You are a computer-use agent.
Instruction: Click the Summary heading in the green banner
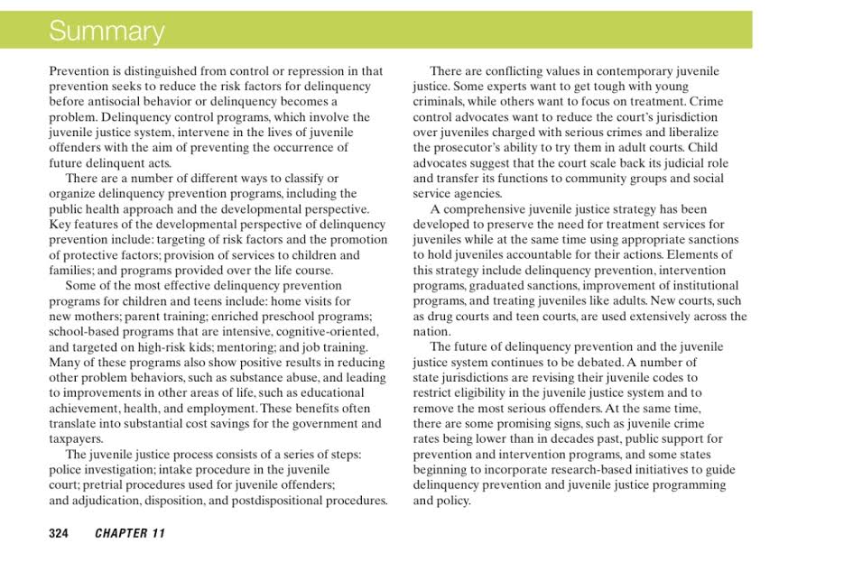[107, 32]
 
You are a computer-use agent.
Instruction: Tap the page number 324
[59, 533]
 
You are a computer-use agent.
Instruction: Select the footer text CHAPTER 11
[130, 533]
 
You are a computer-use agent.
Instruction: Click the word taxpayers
[77, 439]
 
